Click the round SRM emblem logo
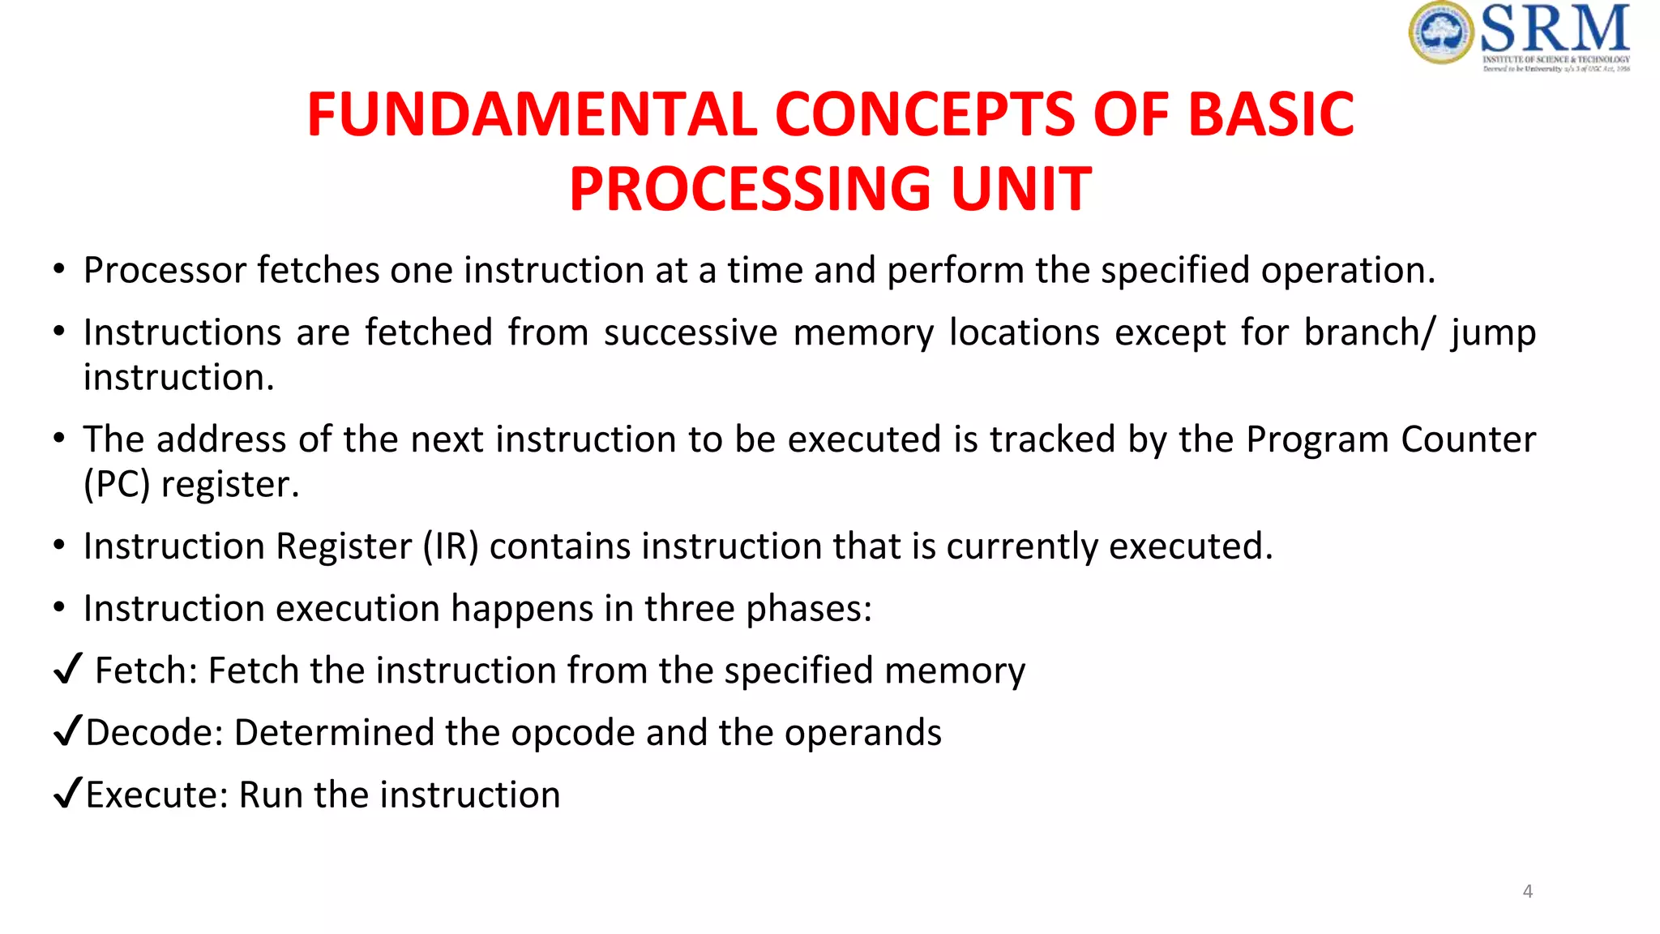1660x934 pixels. point(1440,33)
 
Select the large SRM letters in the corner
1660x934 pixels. point(1555,28)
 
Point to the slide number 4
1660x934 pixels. point(1527,891)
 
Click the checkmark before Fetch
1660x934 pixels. point(68,669)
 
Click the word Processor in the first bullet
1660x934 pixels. point(165,271)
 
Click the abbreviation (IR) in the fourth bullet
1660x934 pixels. point(451,546)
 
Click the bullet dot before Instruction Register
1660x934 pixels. point(59,546)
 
